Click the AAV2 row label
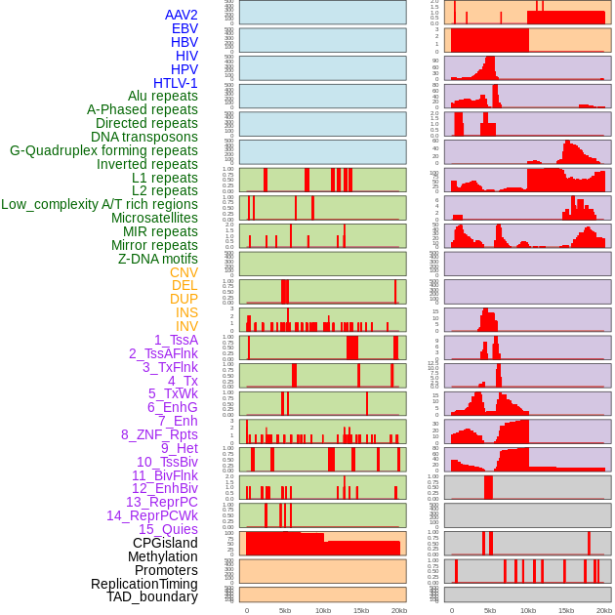click(x=182, y=15)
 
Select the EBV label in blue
click(x=184, y=28)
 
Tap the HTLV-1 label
click(x=176, y=83)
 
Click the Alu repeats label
click(x=163, y=96)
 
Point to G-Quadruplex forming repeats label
click(x=103, y=150)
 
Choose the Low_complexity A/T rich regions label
click(x=100, y=204)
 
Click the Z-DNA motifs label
click(x=158, y=259)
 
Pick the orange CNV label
click(x=184, y=272)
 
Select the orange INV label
click(x=186, y=326)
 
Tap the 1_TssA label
click(x=176, y=340)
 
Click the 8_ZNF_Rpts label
click(x=159, y=434)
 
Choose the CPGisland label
click(x=165, y=543)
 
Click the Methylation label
click(x=163, y=556)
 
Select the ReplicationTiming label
click(x=144, y=584)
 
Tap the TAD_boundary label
click(x=152, y=596)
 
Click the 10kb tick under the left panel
click(x=322, y=610)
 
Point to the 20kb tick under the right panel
click(x=604, y=610)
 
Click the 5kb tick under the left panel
click(x=284, y=610)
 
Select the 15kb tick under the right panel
click(x=566, y=610)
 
